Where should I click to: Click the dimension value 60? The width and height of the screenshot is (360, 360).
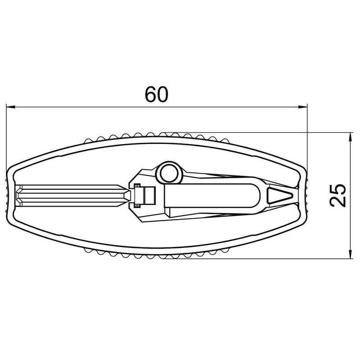pyautogui.click(x=157, y=94)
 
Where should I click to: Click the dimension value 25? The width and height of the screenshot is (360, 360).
pyautogui.click(x=337, y=195)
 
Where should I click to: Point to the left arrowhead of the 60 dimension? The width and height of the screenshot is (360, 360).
pyautogui.click(x=10, y=107)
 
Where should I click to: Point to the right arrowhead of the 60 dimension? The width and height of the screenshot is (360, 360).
pyautogui.click(x=302, y=107)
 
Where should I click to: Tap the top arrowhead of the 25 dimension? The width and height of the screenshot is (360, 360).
pyautogui.click(x=350, y=137)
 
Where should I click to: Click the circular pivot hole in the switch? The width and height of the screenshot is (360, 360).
pyautogui.click(x=170, y=173)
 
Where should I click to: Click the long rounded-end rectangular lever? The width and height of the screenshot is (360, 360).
pyautogui.click(x=212, y=196)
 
